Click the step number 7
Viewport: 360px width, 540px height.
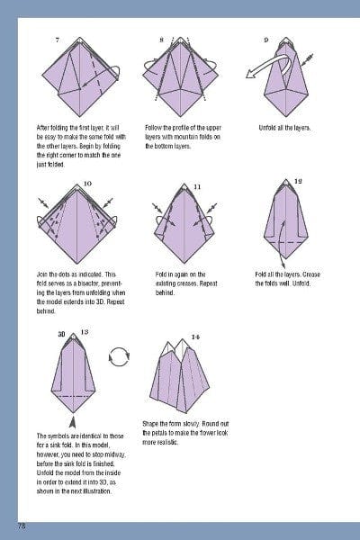(x=58, y=40)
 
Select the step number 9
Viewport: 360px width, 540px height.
(x=266, y=40)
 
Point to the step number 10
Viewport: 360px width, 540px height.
(x=87, y=184)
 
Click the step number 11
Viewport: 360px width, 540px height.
(x=197, y=186)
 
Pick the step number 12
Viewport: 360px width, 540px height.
(x=298, y=181)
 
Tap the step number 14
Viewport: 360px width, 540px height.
(x=195, y=337)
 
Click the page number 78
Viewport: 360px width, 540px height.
(x=21, y=525)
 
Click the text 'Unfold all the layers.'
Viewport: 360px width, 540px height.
(x=284, y=128)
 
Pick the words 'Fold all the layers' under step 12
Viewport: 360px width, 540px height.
(x=281, y=274)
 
